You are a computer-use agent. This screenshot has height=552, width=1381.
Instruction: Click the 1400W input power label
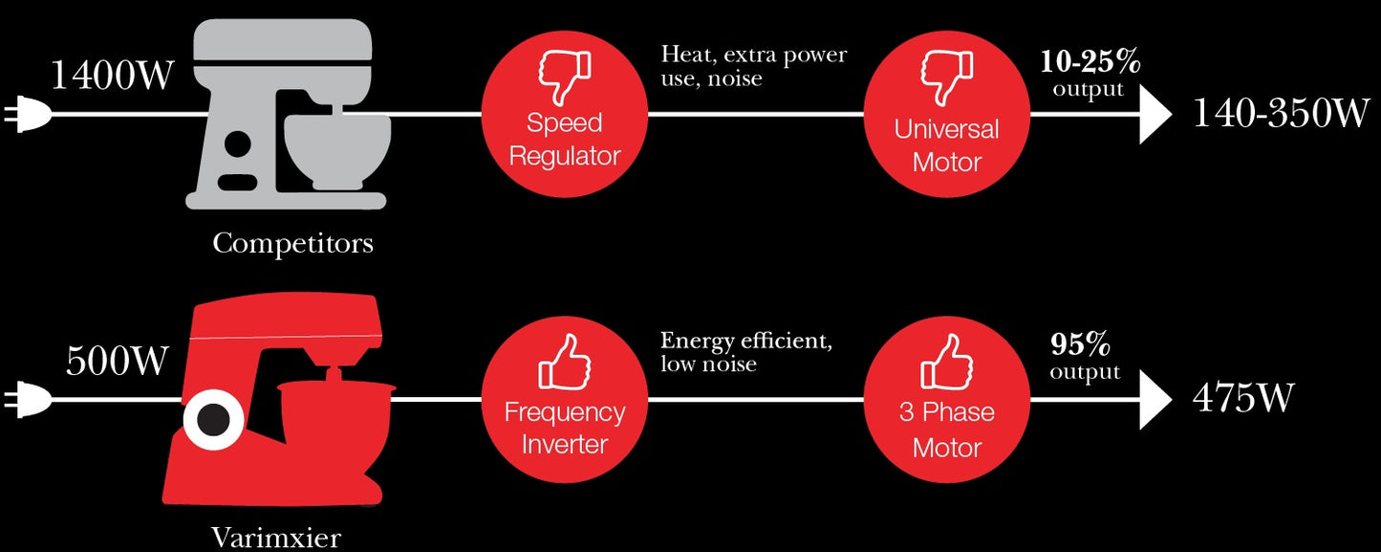(112, 74)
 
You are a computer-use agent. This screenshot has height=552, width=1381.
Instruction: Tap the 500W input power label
(117, 362)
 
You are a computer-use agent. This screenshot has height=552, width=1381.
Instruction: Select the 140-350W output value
(1281, 114)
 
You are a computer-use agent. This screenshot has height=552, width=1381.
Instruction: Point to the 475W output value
(1243, 397)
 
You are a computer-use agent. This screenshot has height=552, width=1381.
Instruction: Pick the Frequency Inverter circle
(564, 401)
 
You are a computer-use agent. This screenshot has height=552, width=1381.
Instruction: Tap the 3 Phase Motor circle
(947, 401)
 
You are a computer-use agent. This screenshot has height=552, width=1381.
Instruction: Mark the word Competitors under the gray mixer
(292, 243)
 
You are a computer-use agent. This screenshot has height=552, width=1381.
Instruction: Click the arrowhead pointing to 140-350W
(1154, 115)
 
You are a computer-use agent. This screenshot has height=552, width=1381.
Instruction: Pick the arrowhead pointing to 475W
(1154, 398)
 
